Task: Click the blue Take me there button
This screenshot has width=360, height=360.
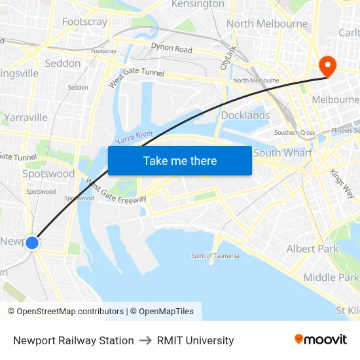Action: pos(180,160)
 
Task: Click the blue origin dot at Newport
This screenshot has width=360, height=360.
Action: pos(31,243)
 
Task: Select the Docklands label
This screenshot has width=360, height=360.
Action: pos(245,115)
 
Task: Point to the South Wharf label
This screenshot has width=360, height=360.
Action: pos(283,153)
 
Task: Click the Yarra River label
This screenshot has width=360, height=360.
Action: pos(134,137)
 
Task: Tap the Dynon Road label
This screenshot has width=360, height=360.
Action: pos(171,48)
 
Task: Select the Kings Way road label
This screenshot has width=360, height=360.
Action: pos(342,184)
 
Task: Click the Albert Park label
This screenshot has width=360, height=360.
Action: pos(313,249)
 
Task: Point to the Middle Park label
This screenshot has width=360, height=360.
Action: pos(331,278)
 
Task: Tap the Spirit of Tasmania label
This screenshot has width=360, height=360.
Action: pos(215,255)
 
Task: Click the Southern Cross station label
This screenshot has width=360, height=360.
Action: pos(295,132)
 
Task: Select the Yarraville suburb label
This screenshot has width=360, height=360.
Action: pos(26,117)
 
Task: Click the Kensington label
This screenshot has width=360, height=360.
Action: pos(198,5)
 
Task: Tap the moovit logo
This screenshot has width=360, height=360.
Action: pos(321,340)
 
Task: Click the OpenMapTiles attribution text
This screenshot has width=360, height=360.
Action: pos(162,312)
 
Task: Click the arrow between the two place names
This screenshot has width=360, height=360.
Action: pos(145,340)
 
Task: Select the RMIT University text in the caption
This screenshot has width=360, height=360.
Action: pos(195,340)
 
